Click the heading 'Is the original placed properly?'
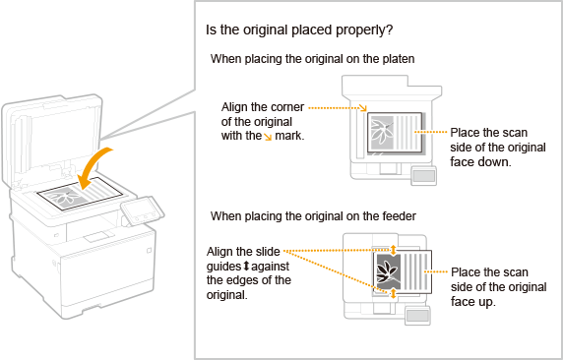pyautogui.click(x=299, y=30)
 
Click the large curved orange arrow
pyautogui.click(x=92, y=166)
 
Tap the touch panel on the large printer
pyautogui.click(x=142, y=210)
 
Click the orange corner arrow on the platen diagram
pyautogui.click(x=363, y=107)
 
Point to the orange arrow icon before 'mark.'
pyautogui.click(x=268, y=137)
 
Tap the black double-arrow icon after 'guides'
pyautogui.click(x=246, y=267)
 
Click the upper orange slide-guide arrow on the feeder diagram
pyautogui.click(x=393, y=250)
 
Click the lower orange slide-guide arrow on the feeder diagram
pyautogui.click(x=393, y=293)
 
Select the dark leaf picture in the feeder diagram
pyautogui.click(x=388, y=271)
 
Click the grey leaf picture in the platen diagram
pyautogui.click(x=382, y=132)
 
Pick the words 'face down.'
pyautogui.click(x=480, y=162)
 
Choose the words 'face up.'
pyautogui.click(x=473, y=302)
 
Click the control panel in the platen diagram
pyautogui.click(x=423, y=175)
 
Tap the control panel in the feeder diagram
pyautogui.click(x=417, y=316)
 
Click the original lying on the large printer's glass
pyautogui.click(x=80, y=194)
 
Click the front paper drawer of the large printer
pyautogui.click(x=107, y=272)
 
